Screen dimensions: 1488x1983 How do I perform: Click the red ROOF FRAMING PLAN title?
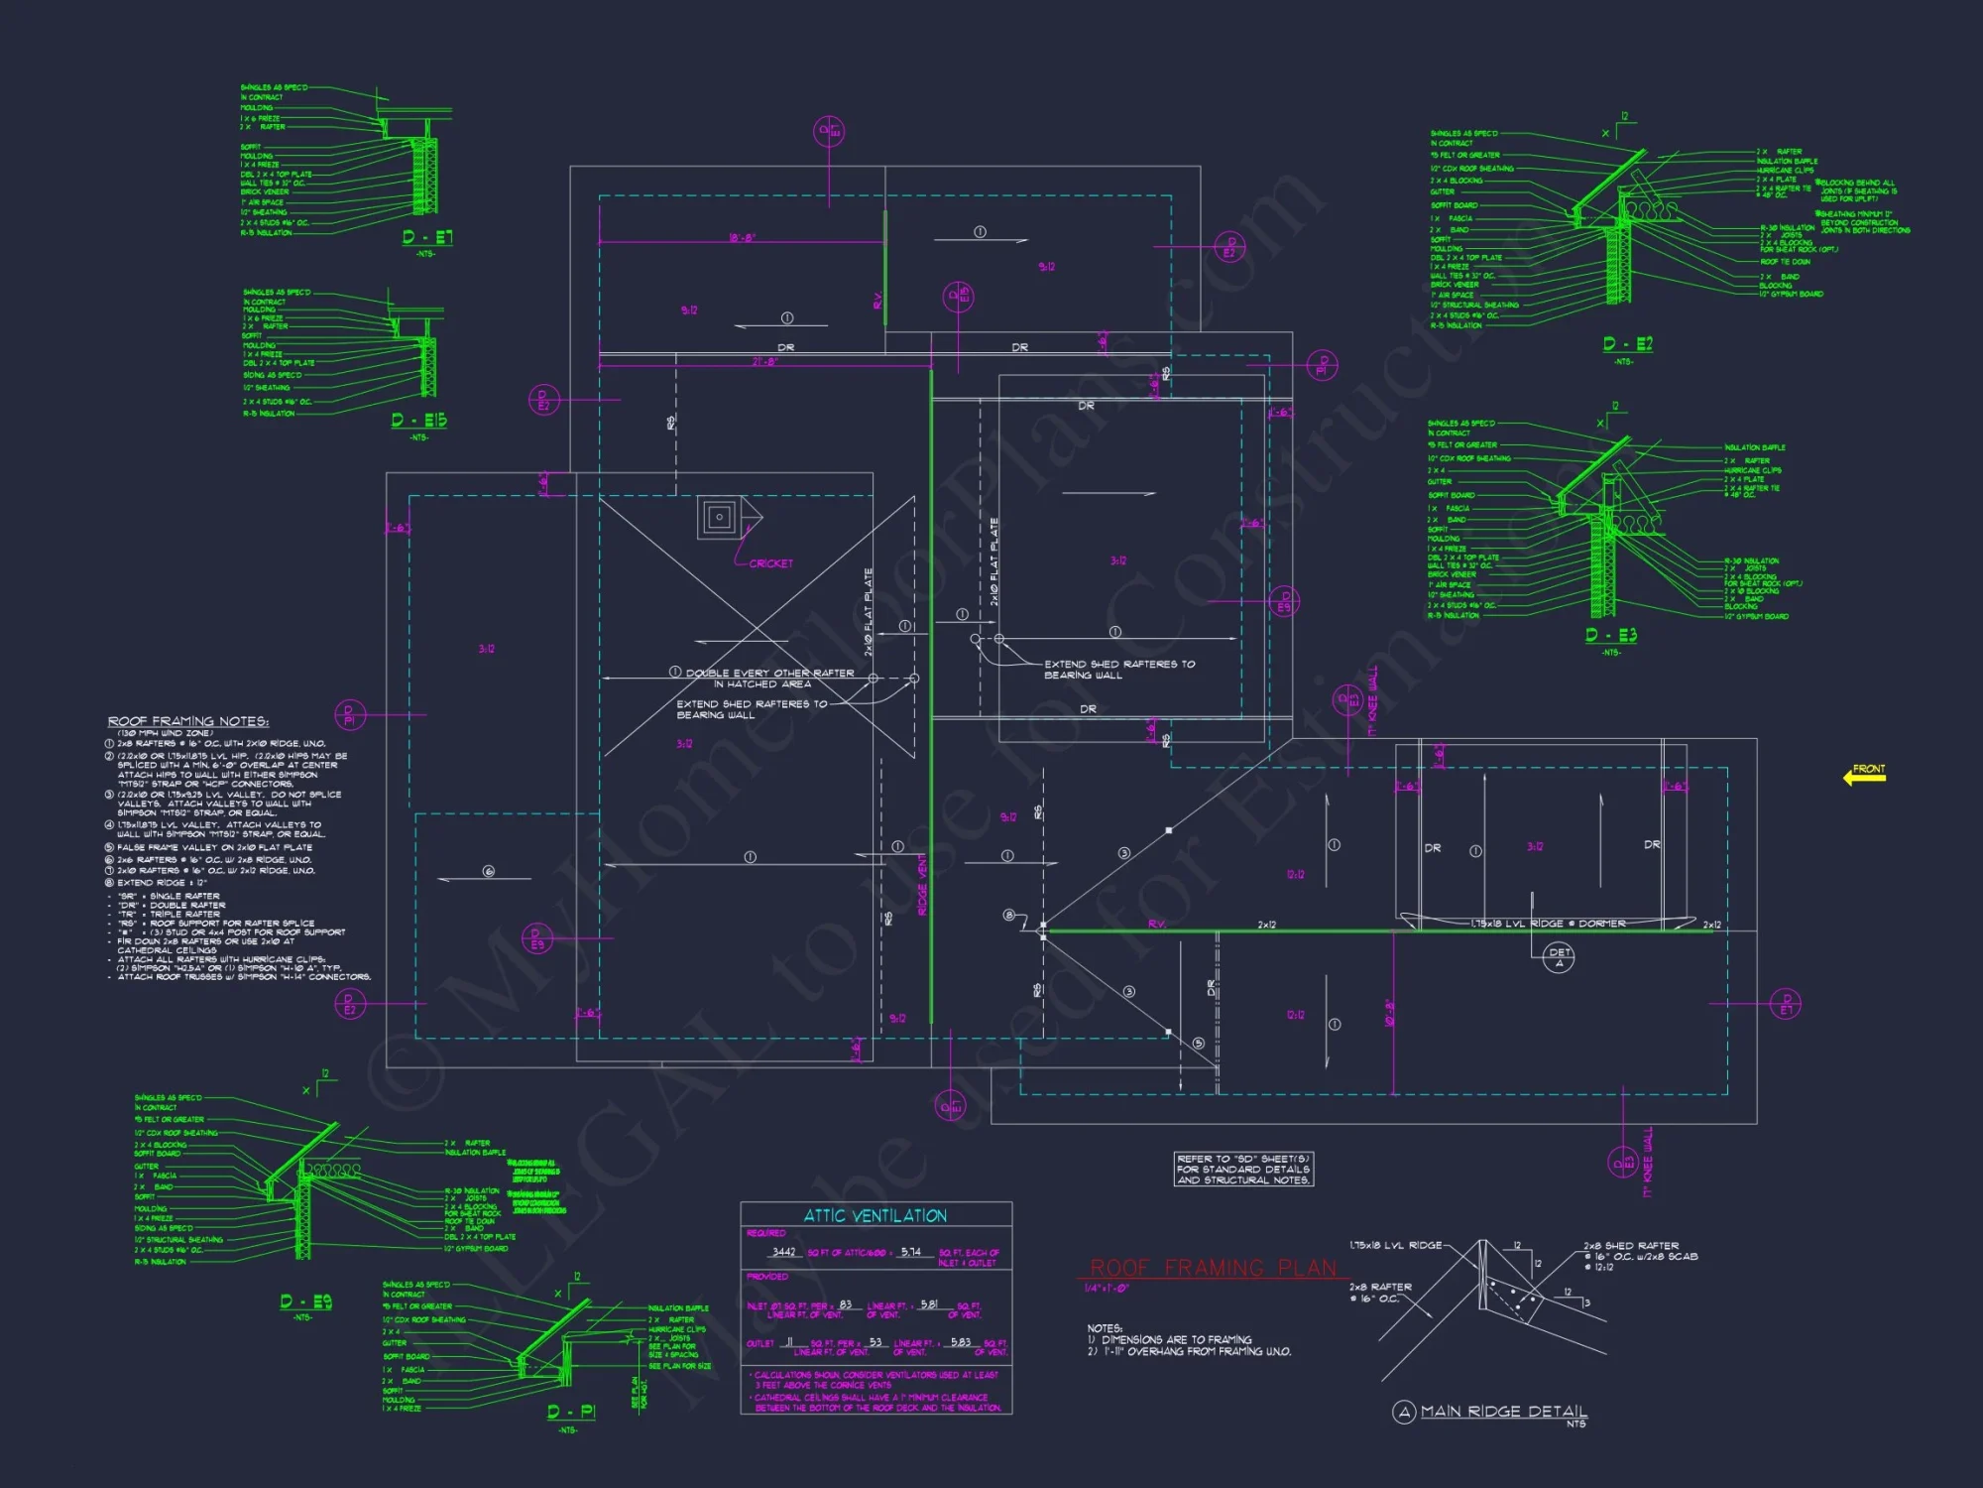[1213, 1268]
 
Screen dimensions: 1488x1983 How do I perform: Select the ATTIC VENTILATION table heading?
[875, 1215]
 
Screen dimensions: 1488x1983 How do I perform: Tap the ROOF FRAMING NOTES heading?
[188, 721]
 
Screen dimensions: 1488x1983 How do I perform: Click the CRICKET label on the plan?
[770, 563]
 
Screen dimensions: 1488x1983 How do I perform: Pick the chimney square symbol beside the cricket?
[719, 517]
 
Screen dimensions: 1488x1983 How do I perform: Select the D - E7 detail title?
[427, 237]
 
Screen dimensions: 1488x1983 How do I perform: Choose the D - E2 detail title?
[1627, 344]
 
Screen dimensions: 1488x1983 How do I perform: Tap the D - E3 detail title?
[1611, 635]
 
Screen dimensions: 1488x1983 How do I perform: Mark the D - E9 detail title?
[305, 1302]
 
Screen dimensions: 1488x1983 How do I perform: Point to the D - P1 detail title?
[571, 1411]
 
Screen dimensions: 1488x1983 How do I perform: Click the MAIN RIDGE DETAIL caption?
[1503, 1411]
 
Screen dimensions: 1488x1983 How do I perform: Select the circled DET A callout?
[1560, 957]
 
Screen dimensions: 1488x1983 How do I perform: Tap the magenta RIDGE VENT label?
[922, 884]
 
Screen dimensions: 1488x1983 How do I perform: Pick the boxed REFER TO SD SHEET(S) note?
[1243, 1169]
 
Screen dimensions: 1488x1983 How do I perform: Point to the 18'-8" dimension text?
[743, 238]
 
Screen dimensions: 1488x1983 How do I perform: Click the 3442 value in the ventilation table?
[783, 1252]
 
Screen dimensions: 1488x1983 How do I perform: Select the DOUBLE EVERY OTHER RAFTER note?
[769, 673]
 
